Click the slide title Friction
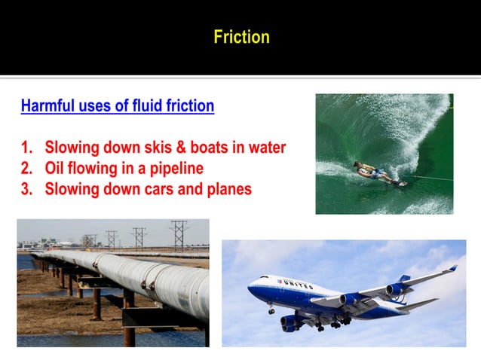(241, 36)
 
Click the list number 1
(26, 147)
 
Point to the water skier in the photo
(373, 174)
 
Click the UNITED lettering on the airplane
(298, 284)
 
